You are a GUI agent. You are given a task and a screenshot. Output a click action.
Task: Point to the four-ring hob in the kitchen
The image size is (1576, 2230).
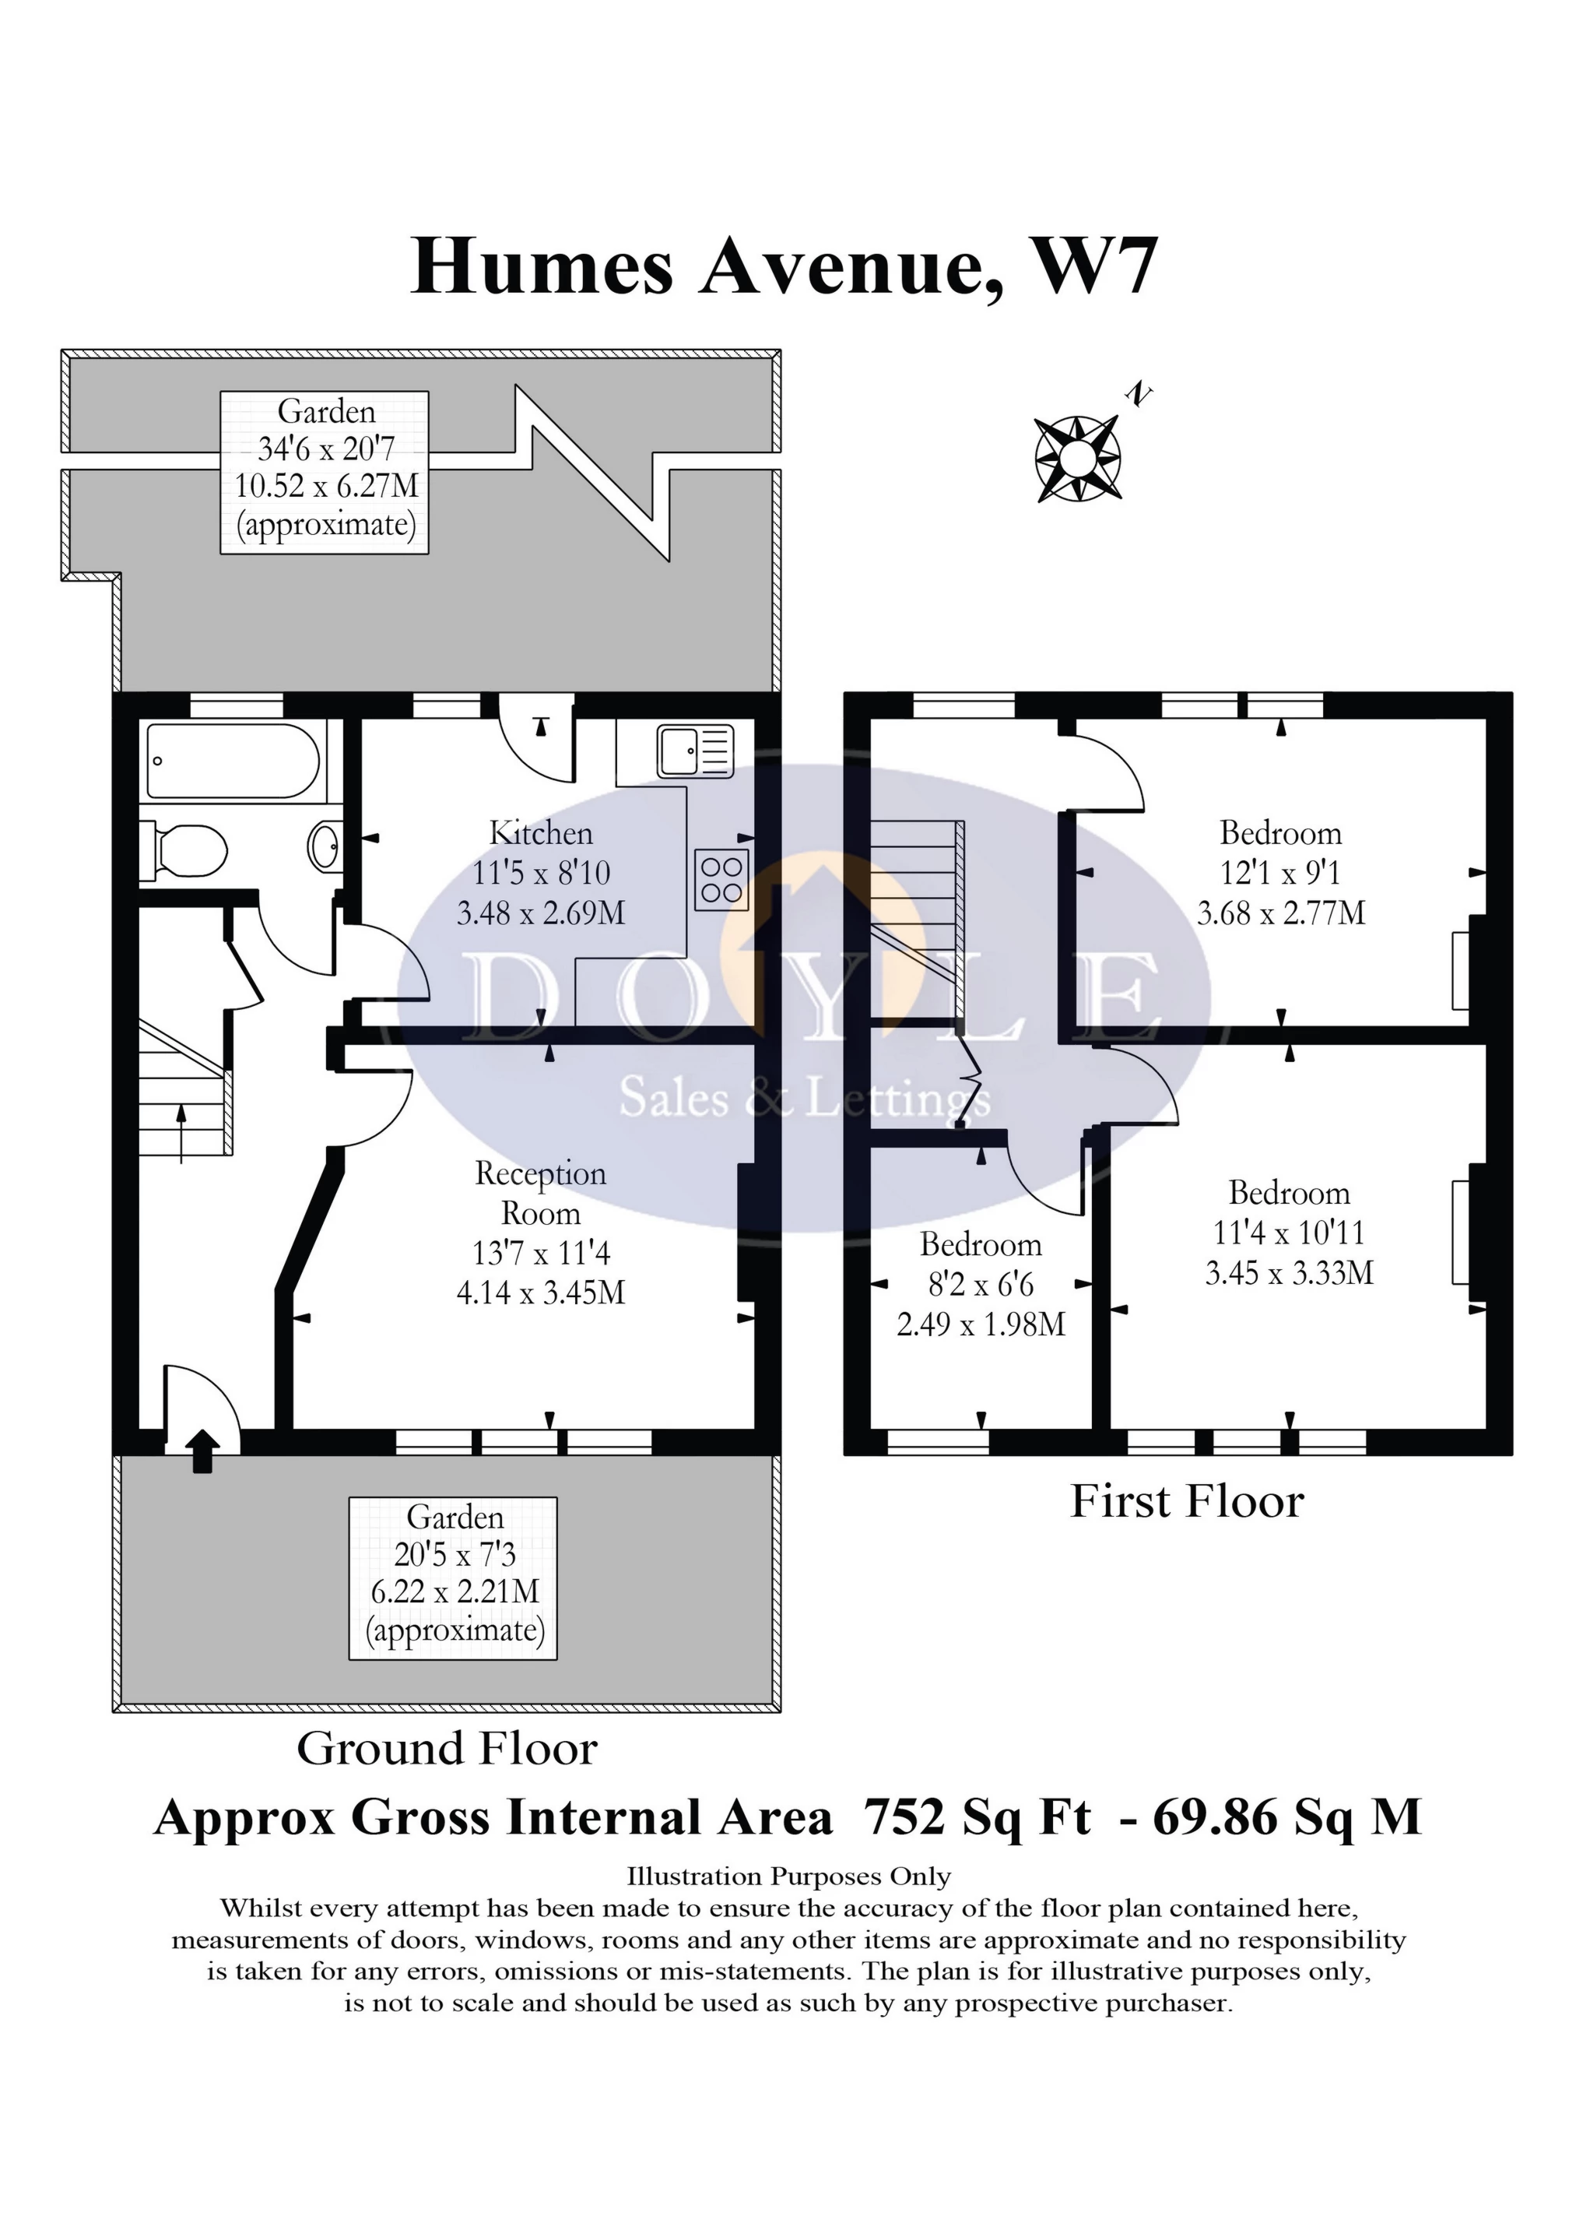click(721, 880)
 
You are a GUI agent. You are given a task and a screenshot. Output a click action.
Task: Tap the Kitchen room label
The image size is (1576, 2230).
click(541, 833)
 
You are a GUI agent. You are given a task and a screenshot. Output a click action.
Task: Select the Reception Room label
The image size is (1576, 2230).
click(541, 1193)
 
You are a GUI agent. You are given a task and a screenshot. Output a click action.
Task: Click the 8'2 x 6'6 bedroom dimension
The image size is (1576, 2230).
click(981, 1284)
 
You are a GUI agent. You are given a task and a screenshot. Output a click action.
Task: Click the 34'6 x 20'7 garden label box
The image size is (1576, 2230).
click(325, 472)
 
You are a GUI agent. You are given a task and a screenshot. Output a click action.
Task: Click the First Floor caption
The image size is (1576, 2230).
click(1187, 1501)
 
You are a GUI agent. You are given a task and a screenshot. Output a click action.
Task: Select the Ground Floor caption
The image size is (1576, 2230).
click(447, 1750)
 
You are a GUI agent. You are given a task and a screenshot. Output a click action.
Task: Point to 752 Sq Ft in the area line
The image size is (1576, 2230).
click(977, 1817)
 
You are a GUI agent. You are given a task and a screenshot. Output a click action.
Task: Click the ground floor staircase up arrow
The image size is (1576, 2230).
click(181, 1131)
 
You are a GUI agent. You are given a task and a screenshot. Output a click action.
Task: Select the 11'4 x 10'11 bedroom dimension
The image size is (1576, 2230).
click(1289, 1233)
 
